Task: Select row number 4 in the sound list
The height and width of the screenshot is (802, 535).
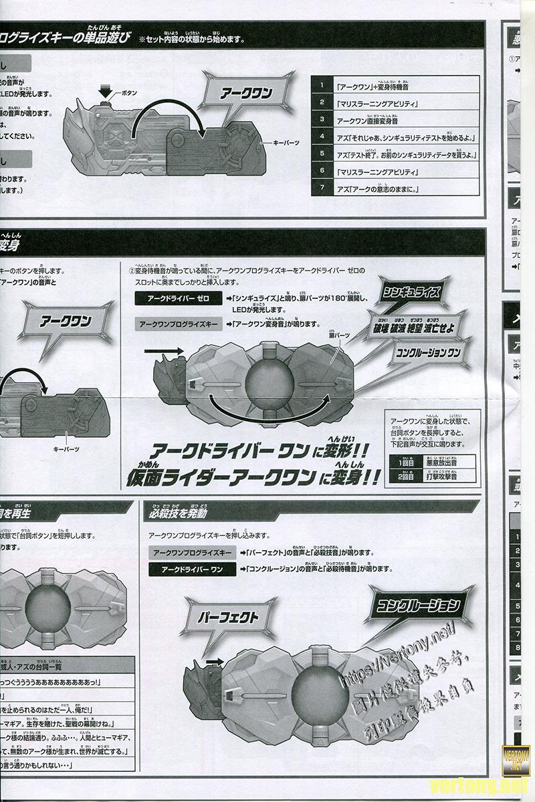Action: (x=322, y=136)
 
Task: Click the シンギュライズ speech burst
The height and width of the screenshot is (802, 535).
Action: (x=410, y=291)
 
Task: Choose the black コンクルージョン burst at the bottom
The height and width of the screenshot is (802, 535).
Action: (x=418, y=607)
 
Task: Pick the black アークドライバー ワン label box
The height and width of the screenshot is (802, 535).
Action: (x=189, y=569)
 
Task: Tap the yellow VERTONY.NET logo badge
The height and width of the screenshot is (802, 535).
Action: (x=516, y=759)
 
